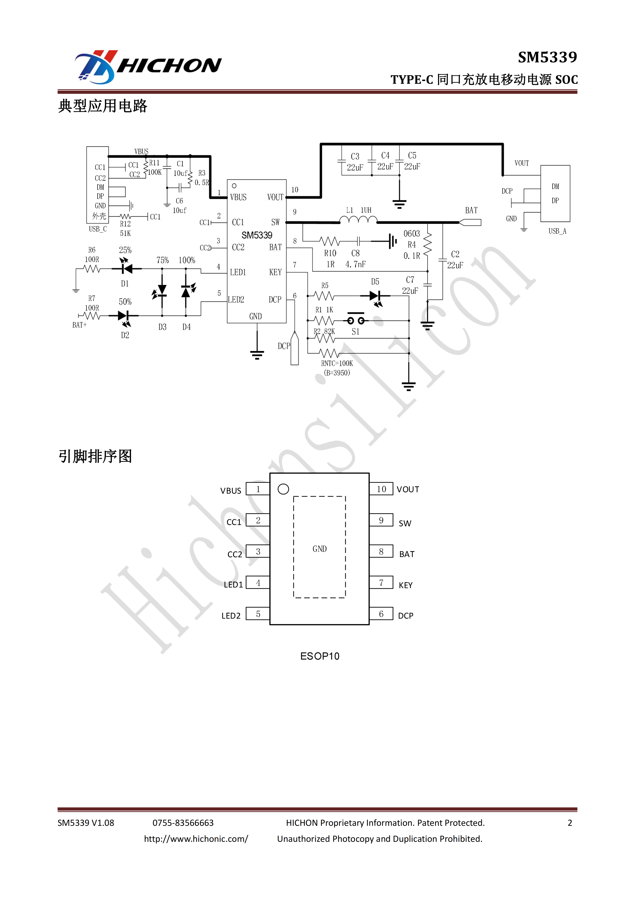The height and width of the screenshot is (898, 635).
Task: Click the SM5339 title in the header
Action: [547, 57]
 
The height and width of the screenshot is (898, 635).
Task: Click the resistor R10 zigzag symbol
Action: [330, 241]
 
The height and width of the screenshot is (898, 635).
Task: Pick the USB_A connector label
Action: [557, 231]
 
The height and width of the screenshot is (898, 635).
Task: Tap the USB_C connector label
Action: [98, 229]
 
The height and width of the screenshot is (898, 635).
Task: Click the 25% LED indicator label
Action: [125, 250]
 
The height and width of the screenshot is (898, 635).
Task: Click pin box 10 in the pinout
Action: [381, 489]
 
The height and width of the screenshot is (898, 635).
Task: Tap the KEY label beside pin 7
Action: [405, 585]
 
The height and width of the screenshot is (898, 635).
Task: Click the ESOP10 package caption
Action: [320, 656]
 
